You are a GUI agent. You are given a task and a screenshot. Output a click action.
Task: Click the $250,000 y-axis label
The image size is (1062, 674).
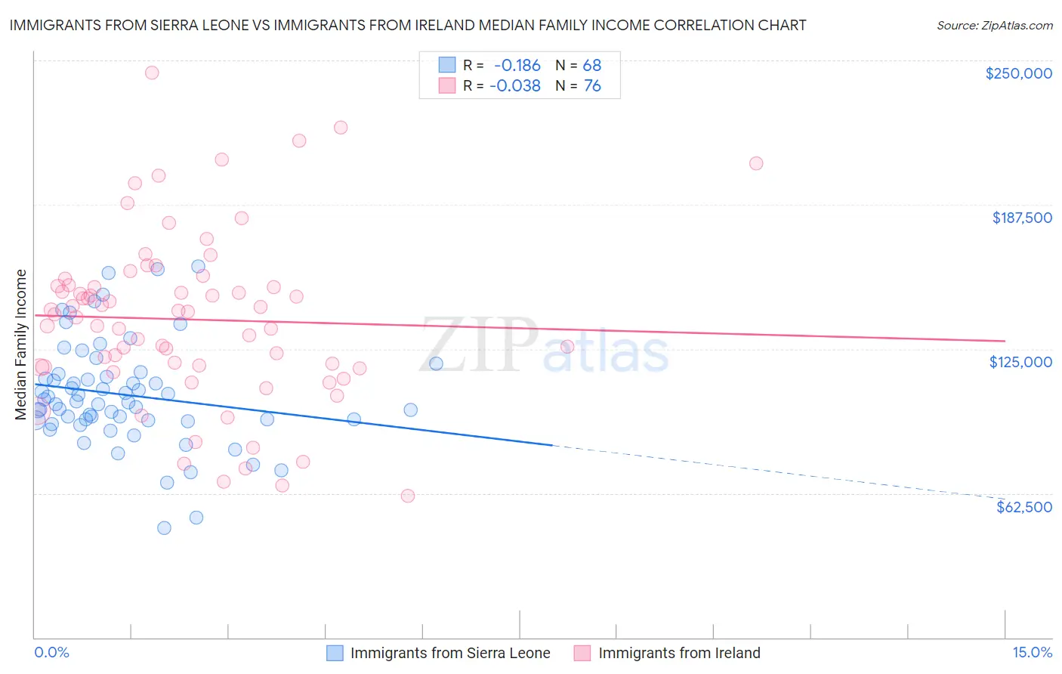tap(1018, 73)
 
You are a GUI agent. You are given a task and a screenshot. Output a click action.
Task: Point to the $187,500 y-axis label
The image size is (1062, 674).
tap(1021, 218)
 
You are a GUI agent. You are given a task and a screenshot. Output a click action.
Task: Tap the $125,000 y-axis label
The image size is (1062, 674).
tap(1020, 362)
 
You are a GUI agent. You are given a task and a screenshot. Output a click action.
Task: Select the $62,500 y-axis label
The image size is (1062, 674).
tap(1023, 507)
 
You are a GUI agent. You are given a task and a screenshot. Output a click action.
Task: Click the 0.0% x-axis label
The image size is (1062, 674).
tap(51, 653)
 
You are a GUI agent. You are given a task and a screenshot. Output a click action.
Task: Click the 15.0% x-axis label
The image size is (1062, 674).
tap(1032, 653)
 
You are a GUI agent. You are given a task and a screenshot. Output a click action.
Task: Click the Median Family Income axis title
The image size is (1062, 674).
tap(20, 345)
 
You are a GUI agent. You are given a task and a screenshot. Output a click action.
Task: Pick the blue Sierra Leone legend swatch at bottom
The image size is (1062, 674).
tap(335, 653)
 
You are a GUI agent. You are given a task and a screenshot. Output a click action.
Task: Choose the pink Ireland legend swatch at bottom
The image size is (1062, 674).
tap(582, 653)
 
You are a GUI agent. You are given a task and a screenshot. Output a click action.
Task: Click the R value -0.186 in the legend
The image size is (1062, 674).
tap(517, 65)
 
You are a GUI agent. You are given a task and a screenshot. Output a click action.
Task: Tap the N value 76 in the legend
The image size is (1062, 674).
tap(592, 86)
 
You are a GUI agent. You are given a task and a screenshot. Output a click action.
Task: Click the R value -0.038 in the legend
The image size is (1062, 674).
tap(515, 86)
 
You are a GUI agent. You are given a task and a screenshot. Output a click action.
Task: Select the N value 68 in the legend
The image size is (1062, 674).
tap(592, 65)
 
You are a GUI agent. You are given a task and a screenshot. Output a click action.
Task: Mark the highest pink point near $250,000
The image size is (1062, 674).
tap(152, 73)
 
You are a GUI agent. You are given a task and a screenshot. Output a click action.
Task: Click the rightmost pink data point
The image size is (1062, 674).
tap(756, 163)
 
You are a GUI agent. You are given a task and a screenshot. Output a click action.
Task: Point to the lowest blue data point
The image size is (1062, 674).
tap(164, 528)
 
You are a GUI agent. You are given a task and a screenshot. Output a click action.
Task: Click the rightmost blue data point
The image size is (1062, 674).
tap(436, 363)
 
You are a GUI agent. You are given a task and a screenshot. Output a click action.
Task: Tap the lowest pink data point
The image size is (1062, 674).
tap(408, 496)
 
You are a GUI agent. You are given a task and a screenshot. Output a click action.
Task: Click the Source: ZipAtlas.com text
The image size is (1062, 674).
tap(994, 26)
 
